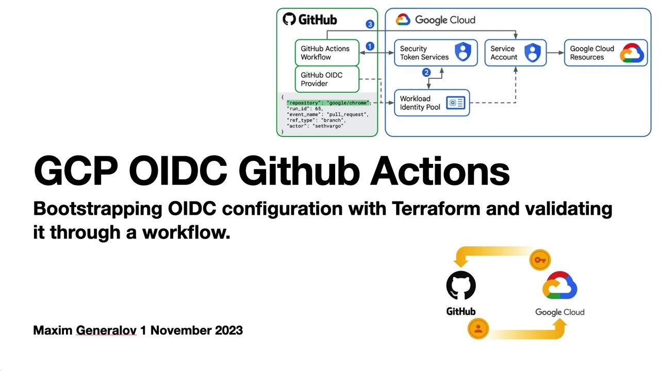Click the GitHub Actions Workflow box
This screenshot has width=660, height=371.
click(327, 53)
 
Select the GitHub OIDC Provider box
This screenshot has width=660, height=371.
click(327, 79)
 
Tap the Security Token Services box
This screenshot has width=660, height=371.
click(436, 53)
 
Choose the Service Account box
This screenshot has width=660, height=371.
click(515, 53)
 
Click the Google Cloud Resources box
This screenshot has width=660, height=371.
click(606, 53)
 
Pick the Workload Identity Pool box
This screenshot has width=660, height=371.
click(432, 103)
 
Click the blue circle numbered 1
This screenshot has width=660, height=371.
click(370, 46)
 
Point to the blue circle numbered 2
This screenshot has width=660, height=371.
click(426, 73)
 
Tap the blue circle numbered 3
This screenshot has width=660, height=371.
click(370, 24)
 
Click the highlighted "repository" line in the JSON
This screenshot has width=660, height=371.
click(328, 103)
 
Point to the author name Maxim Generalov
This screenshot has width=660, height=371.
click(85, 330)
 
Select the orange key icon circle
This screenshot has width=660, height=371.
click(540, 260)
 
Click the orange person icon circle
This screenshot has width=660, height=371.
click(478, 328)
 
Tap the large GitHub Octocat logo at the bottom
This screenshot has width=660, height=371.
click(461, 285)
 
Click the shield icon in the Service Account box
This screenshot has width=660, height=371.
click(532, 52)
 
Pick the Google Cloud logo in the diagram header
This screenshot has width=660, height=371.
click(403, 20)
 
